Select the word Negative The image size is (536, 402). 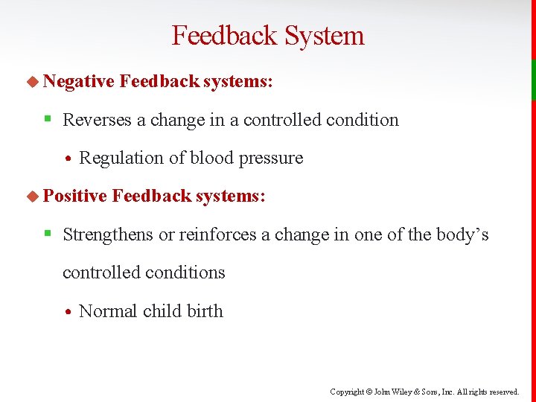(x=78, y=81)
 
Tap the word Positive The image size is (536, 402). (x=75, y=196)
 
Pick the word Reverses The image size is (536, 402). (x=97, y=120)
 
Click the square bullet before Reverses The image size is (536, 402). (x=47, y=120)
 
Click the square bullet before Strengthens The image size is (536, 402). (x=47, y=234)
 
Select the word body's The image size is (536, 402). (x=465, y=234)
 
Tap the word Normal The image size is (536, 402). (x=109, y=311)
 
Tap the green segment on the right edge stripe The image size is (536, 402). (x=533, y=79)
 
